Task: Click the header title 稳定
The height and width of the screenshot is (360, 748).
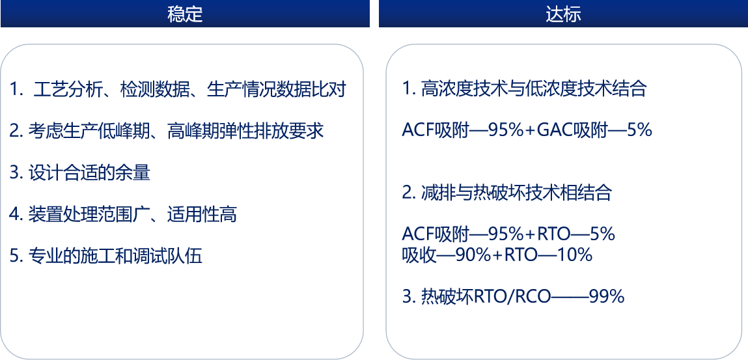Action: pos(185,14)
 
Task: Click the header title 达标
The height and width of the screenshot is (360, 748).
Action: pos(563,14)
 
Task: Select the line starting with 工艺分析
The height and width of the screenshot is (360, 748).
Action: pos(178,90)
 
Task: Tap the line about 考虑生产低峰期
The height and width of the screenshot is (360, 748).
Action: pos(167,131)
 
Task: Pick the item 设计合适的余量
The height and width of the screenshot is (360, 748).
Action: pos(80,173)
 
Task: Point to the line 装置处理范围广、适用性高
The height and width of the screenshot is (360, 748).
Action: pos(123,214)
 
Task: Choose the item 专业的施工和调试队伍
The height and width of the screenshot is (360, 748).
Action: pos(106,256)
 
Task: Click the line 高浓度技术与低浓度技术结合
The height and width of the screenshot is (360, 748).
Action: pos(524,89)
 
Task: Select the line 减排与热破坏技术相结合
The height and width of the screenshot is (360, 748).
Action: pos(507,193)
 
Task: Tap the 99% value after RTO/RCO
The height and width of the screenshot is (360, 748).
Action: pos(607,297)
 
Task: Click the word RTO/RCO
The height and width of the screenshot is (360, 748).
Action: pos(512,297)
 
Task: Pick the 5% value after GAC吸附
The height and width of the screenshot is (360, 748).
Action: pos(640,130)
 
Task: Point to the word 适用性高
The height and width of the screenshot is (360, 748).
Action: pos(202,214)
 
